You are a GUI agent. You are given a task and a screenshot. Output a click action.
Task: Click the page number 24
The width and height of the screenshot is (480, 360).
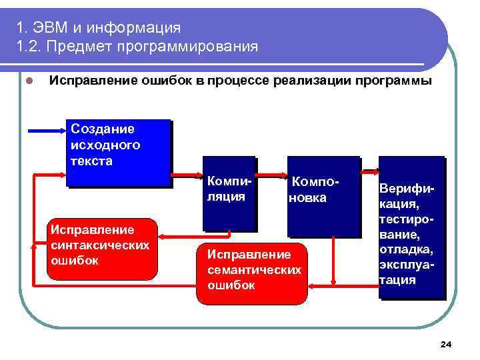pyautogui.click(x=446, y=344)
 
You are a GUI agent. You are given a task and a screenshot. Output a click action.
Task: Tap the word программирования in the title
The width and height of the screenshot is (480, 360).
pyautogui.click(x=188, y=47)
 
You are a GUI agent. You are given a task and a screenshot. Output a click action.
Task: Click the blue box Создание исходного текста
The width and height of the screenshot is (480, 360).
pyautogui.click(x=119, y=153)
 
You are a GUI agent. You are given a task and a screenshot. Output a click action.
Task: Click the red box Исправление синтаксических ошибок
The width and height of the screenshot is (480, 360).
pyautogui.click(x=104, y=249)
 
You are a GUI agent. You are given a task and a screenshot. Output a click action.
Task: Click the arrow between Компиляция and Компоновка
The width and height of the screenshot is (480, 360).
pyautogui.click(x=273, y=179)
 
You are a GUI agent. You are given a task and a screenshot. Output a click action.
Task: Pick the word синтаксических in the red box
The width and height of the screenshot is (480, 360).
pyautogui.click(x=100, y=245)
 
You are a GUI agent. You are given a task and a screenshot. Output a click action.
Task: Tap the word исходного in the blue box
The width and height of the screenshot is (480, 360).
pyautogui.click(x=105, y=145)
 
